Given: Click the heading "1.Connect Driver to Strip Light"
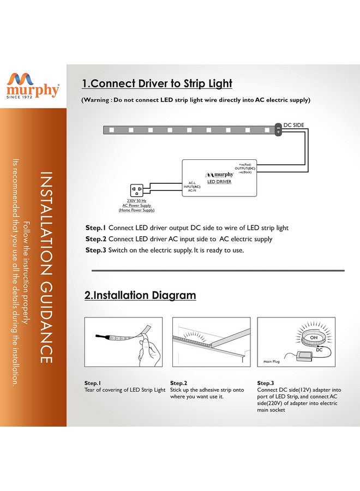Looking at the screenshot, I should [157, 83].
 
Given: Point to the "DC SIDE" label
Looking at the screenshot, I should [294, 125].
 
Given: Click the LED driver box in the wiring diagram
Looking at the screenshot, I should [219, 177].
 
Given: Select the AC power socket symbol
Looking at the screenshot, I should [136, 191].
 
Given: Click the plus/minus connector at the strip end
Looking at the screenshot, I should [278, 130].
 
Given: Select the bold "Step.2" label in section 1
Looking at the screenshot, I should [95, 239].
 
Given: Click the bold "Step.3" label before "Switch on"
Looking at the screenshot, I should [95, 250].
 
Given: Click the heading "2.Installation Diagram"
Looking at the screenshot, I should [140, 295].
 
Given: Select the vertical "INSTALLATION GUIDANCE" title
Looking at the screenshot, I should [46, 267].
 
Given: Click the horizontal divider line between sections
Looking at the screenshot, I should [218, 270].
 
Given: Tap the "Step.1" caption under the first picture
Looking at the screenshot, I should [93, 383].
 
